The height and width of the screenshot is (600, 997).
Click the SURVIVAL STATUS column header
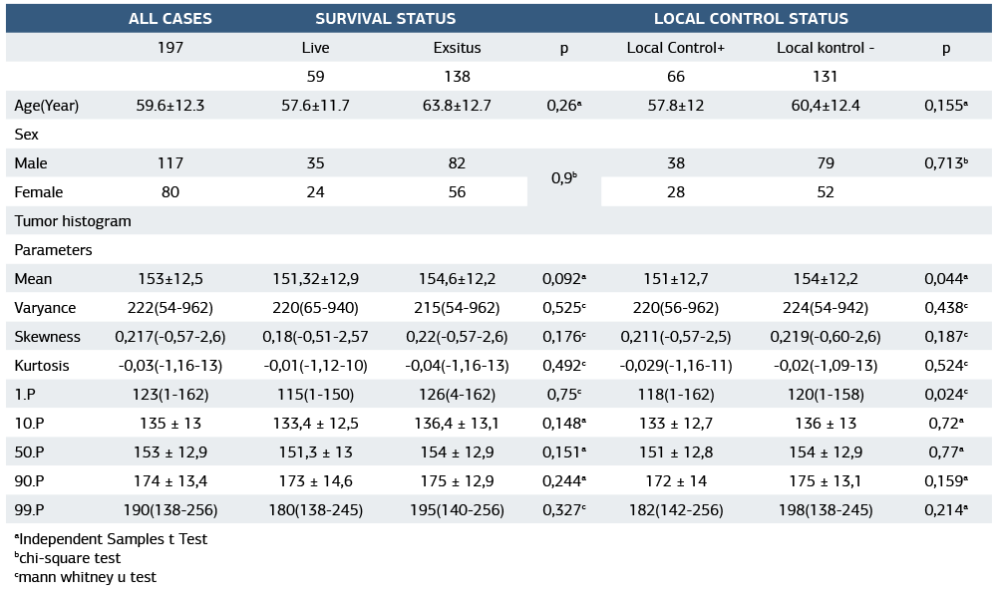click(386, 19)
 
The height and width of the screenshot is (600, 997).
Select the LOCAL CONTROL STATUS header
click(751, 19)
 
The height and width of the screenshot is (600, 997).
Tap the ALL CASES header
click(170, 19)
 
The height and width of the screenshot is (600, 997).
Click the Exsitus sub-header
click(457, 48)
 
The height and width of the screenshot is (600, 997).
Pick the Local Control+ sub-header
click(676, 48)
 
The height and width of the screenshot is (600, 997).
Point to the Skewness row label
click(47, 337)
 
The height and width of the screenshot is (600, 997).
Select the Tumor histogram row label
click(73, 221)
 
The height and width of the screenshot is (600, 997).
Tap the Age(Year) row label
click(47, 106)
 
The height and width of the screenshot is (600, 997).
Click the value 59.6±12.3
click(170, 106)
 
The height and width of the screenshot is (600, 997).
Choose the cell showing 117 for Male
click(170, 163)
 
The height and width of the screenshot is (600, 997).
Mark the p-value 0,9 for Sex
click(562, 177)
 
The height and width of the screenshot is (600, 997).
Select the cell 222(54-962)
click(170, 308)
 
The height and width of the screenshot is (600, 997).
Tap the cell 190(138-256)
click(170, 510)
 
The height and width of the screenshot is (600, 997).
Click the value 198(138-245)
click(826, 510)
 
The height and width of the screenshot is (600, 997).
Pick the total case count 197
click(170, 48)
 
